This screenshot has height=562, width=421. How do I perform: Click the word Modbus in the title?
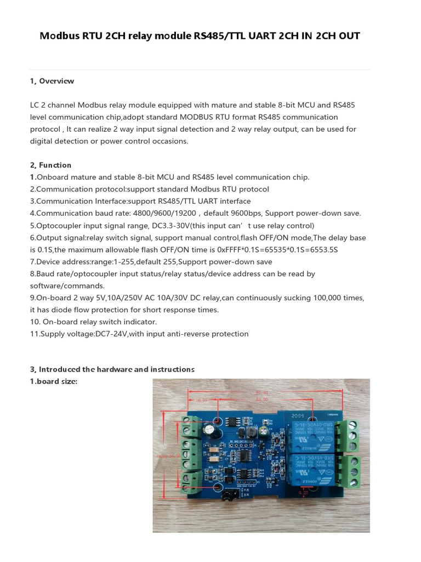[59, 36]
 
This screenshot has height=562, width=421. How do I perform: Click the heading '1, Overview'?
[52, 81]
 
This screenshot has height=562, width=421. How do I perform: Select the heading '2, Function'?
[50, 165]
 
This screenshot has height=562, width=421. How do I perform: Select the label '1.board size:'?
[54, 381]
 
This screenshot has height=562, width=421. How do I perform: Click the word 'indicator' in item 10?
[139, 322]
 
